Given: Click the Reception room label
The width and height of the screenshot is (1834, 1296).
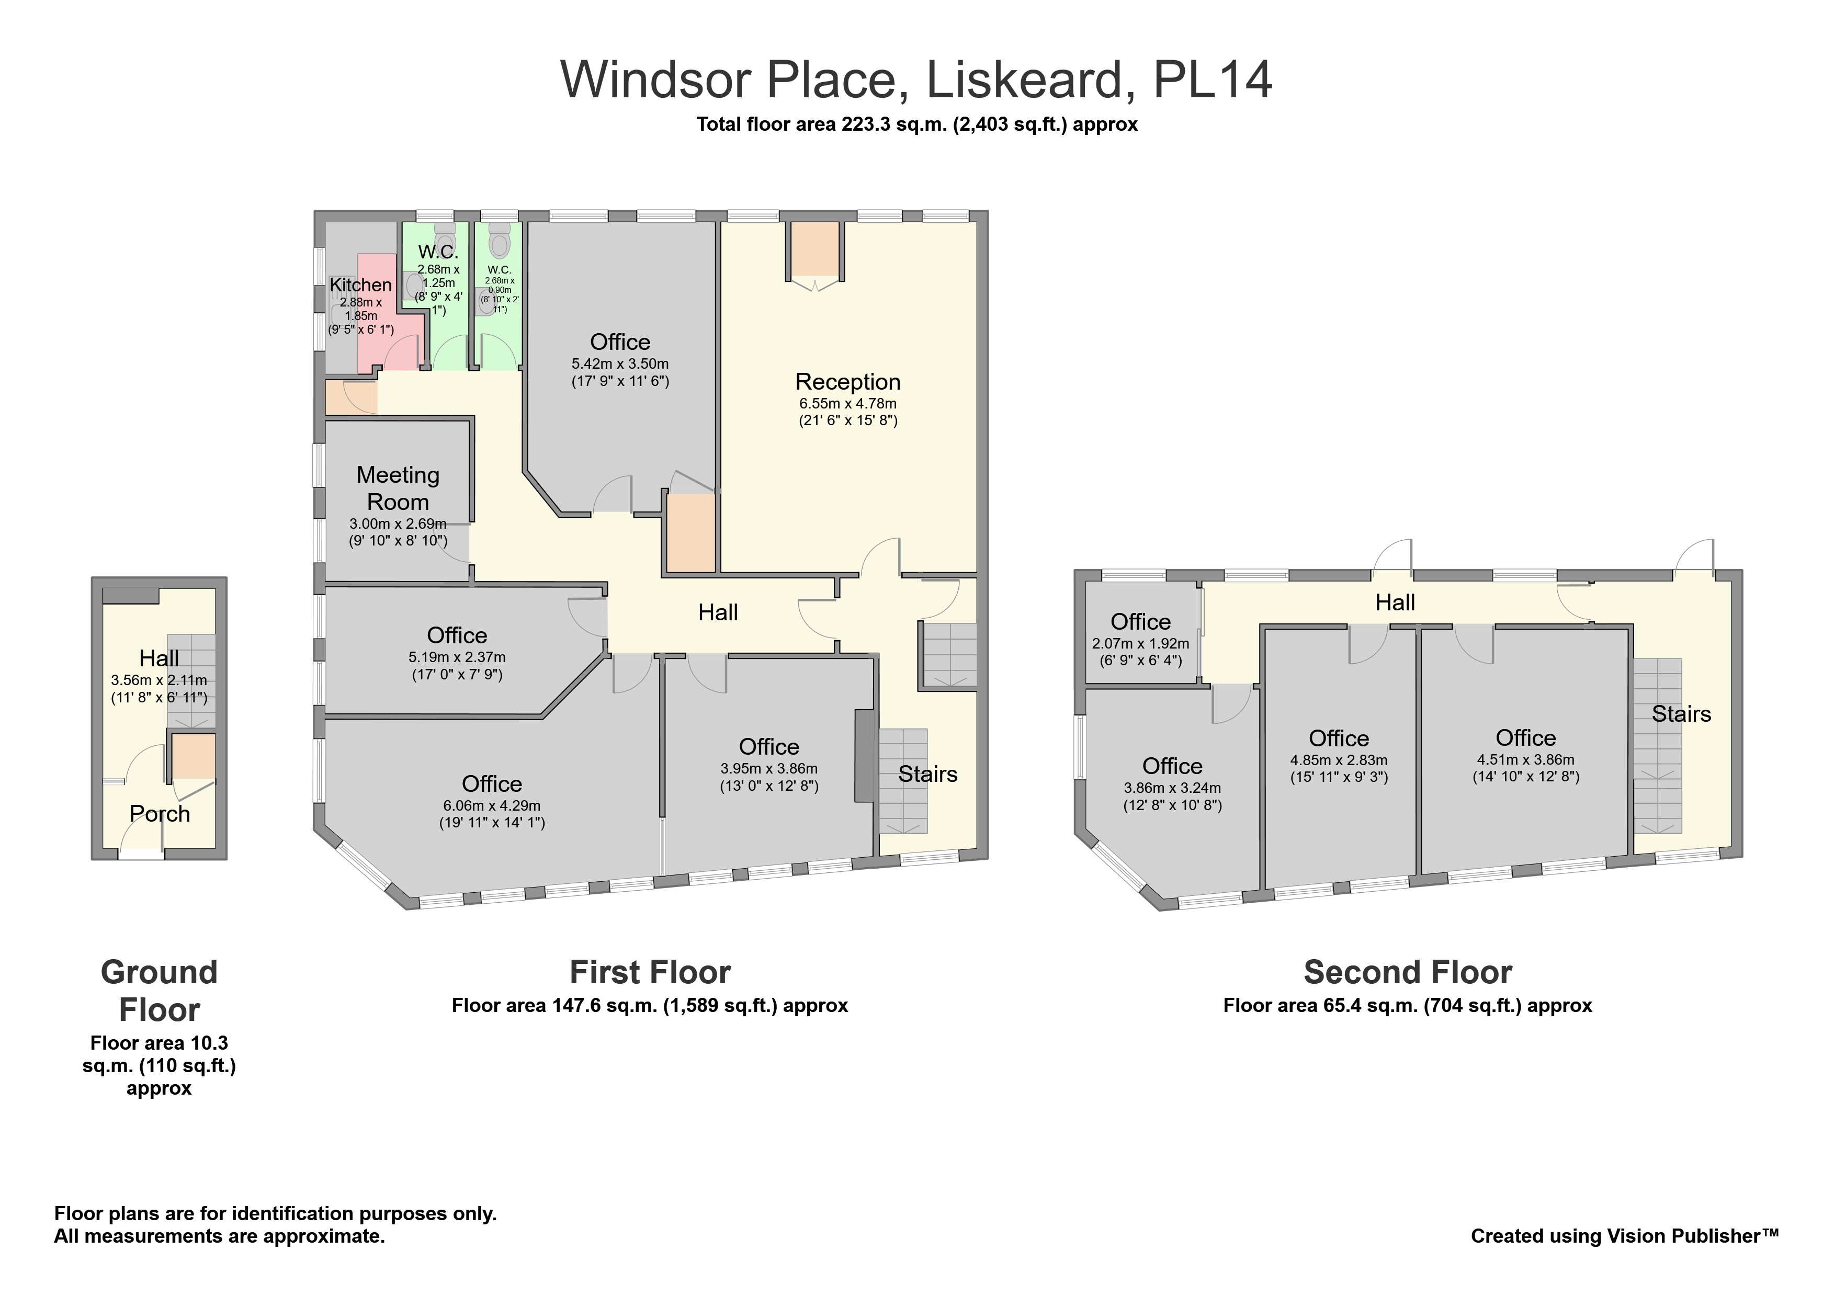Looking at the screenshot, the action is (847, 382).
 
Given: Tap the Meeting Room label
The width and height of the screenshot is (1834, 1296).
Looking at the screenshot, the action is (398, 488).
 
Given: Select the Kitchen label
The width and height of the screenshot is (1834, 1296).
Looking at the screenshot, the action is (360, 285).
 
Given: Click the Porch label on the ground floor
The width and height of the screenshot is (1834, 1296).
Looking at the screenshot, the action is (160, 814).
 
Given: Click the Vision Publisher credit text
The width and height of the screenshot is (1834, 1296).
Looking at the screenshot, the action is (1625, 1236).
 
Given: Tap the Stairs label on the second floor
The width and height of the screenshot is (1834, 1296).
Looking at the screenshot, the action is (1681, 714).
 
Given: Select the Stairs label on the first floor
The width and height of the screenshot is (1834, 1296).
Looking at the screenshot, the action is (927, 774).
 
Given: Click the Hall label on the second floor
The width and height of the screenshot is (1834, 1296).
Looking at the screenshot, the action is (1395, 603).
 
